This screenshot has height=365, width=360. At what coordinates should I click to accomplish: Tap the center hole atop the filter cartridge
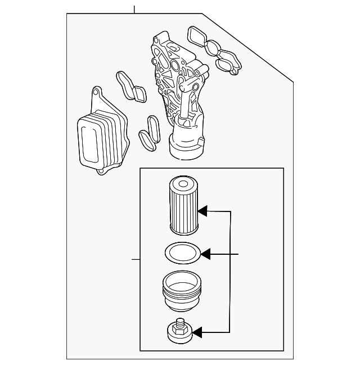pyautogui.click(x=183, y=183)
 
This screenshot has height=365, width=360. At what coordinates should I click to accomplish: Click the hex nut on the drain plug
pyautogui.click(x=180, y=333)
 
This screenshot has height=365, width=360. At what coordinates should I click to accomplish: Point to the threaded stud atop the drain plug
pyautogui.click(x=180, y=323)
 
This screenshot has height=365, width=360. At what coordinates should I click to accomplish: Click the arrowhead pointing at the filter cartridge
pyautogui.click(x=203, y=211)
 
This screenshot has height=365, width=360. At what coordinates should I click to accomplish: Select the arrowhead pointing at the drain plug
pyautogui.click(x=197, y=334)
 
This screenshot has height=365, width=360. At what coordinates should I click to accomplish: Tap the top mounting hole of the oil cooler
pyautogui.click(x=96, y=91)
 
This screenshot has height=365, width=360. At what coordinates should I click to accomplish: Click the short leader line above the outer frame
pyautogui.click(x=134, y=9)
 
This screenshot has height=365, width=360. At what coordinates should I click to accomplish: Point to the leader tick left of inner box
pyautogui.click(x=135, y=259)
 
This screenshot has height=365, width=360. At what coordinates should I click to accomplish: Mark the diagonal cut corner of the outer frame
pyautogui.click(x=247, y=48)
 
